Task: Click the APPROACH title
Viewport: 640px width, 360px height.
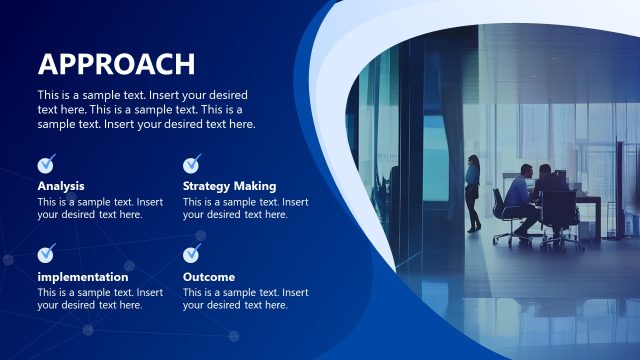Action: (x=116, y=64)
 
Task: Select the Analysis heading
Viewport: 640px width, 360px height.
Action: (x=61, y=186)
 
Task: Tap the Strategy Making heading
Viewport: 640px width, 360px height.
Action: (x=229, y=186)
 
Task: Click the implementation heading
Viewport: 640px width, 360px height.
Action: (x=83, y=277)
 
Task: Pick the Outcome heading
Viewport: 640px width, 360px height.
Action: (x=209, y=277)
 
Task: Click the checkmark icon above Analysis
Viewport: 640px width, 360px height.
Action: (x=46, y=164)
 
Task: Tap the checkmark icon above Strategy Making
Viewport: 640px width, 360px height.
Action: (x=192, y=164)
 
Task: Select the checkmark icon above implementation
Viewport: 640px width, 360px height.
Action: (x=46, y=254)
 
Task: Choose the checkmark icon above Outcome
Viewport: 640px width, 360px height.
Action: (x=192, y=254)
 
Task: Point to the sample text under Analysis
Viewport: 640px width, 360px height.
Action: (x=100, y=208)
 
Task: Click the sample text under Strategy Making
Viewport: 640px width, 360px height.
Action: (x=245, y=208)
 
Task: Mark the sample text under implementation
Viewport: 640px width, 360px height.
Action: (x=100, y=299)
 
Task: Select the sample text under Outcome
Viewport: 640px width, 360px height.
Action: (x=245, y=299)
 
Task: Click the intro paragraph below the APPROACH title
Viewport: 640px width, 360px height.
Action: (x=146, y=110)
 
